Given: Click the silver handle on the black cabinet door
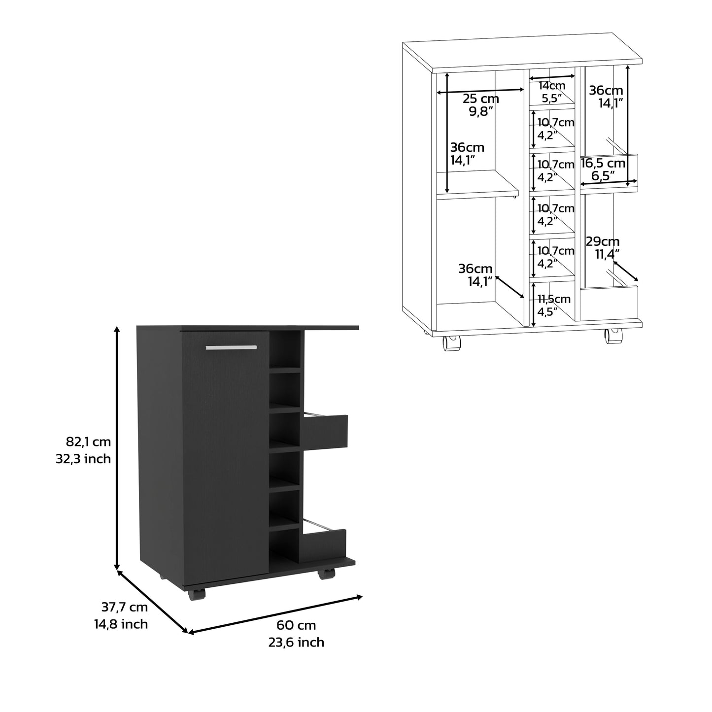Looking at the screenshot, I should click(x=232, y=347).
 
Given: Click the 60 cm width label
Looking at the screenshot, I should click(x=296, y=625).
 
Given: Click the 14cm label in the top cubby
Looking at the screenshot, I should click(x=552, y=86).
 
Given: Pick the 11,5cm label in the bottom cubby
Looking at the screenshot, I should click(x=554, y=299).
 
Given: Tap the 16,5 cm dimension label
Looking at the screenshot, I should click(x=603, y=163).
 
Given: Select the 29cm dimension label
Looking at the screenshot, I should click(x=603, y=241).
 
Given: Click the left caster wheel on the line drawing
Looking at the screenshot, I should click(x=452, y=343).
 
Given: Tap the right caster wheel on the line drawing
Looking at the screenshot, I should click(x=614, y=337).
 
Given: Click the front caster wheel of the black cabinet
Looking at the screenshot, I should click(x=196, y=594).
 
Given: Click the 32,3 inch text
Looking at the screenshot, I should click(x=83, y=459).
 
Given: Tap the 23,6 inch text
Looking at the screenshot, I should click(x=297, y=642).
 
